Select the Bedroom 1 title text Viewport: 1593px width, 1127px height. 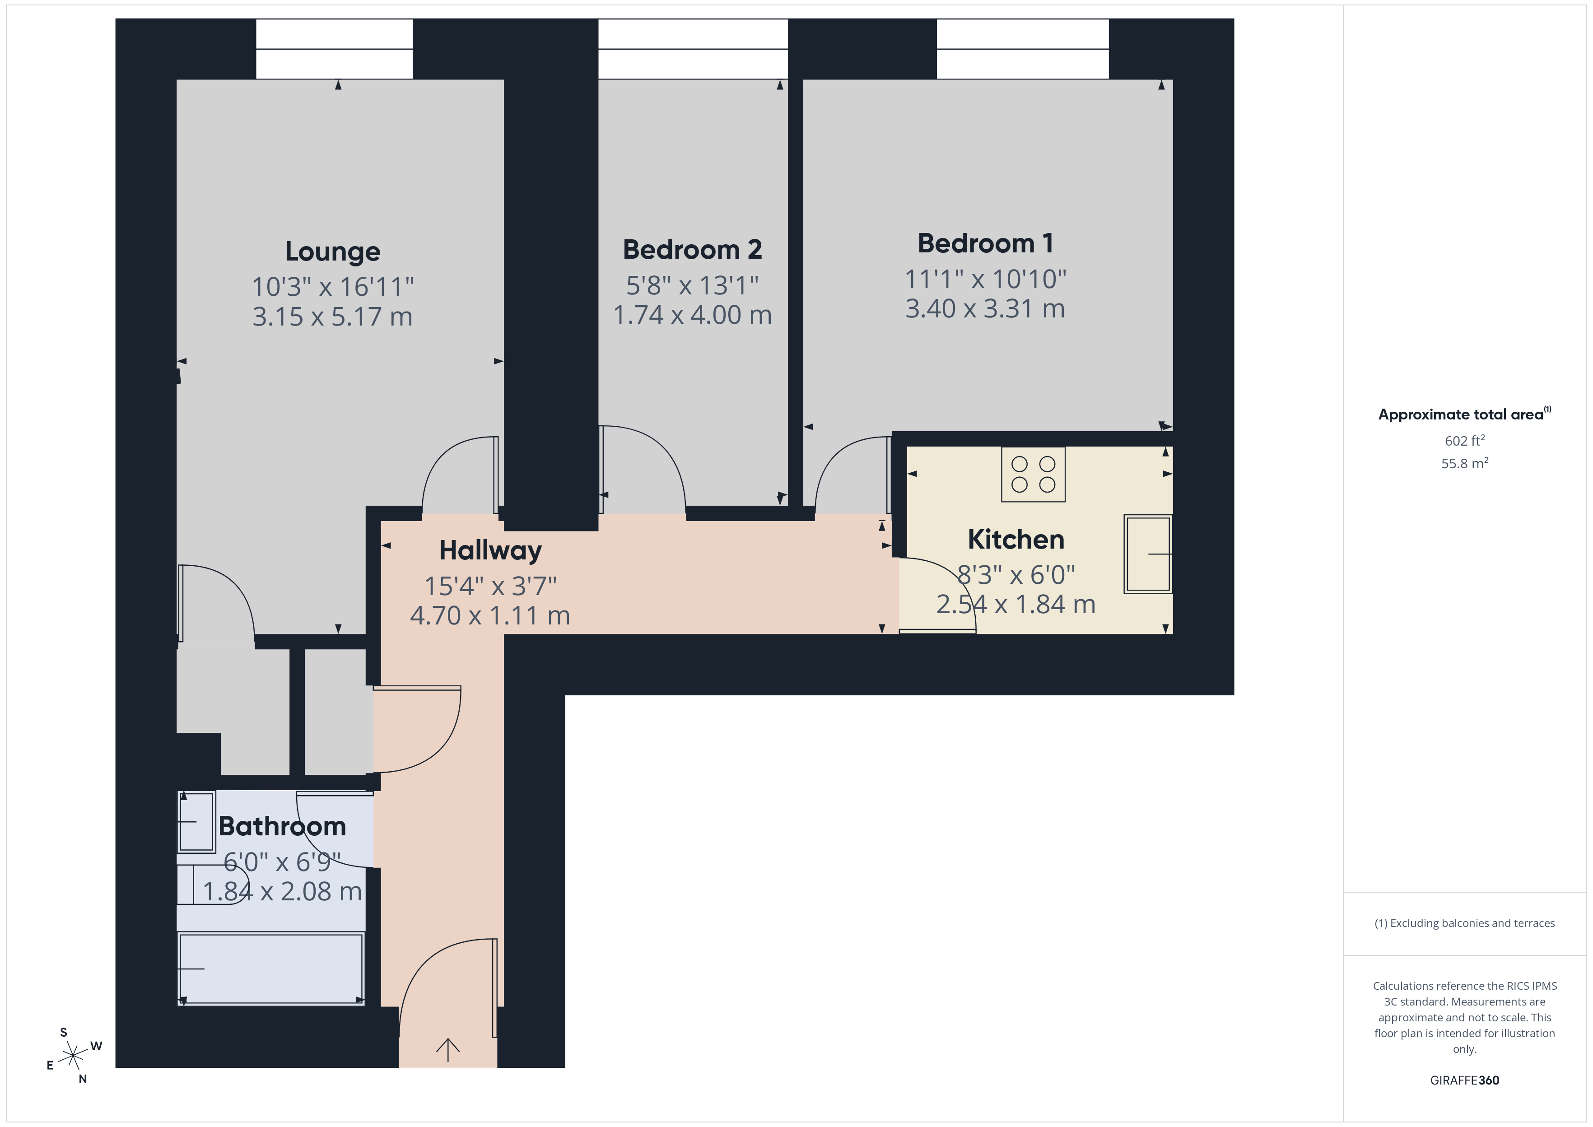click(985, 243)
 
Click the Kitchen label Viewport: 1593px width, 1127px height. click(1016, 539)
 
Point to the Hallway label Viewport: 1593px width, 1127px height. click(490, 550)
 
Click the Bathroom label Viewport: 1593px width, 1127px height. click(282, 826)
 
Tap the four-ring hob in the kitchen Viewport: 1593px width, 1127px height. click(1033, 475)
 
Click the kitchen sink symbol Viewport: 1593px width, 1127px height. click(1148, 554)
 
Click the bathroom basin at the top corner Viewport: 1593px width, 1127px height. click(196, 822)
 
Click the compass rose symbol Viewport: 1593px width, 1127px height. click(73, 1056)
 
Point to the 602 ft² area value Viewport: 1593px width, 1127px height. click(1464, 441)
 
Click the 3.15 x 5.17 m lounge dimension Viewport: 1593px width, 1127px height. click(332, 317)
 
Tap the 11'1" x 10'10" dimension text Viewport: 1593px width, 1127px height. click(985, 279)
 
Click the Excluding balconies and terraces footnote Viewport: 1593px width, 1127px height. click(1464, 923)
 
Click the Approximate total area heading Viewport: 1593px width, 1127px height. click(1461, 414)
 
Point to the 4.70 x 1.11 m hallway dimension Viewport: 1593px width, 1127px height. click(490, 615)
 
